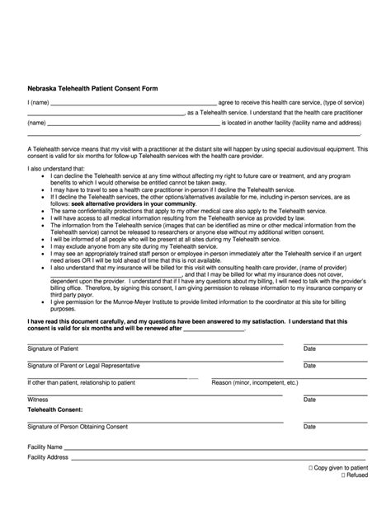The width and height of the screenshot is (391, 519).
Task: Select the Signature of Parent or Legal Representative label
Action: pos(83,366)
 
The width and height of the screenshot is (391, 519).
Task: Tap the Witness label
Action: pos(39,400)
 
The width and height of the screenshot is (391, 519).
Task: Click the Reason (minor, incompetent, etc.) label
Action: pos(255,383)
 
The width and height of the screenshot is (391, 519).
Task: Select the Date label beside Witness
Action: pos(310,400)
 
